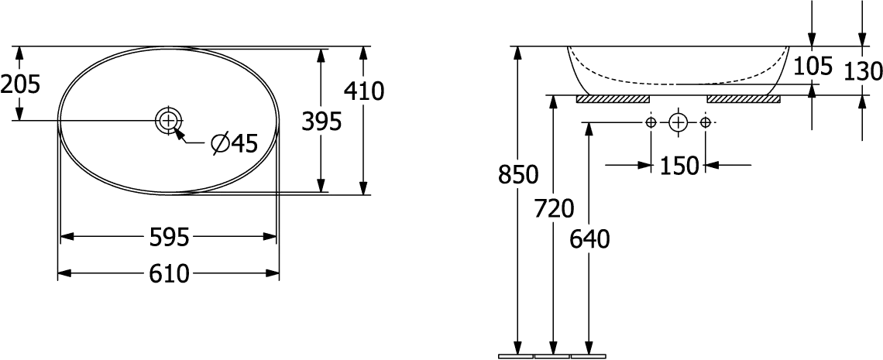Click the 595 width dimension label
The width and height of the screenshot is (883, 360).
(169, 238)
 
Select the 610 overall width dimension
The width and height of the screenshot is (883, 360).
(169, 273)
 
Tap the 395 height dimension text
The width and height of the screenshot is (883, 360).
(321, 122)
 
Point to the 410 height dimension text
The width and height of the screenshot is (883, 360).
(363, 93)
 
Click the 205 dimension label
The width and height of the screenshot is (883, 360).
(19, 84)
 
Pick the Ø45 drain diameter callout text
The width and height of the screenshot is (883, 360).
(233, 145)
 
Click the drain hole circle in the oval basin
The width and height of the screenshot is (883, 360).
(168, 121)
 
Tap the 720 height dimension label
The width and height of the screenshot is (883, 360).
(553, 208)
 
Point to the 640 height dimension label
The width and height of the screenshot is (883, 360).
(589, 240)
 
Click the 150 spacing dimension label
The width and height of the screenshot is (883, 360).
(679, 165)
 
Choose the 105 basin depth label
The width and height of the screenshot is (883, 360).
(813, 67)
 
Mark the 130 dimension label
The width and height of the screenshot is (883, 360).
(864, 71)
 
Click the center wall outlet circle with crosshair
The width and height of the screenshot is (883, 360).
(678, 122)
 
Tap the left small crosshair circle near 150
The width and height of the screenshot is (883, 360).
(651, 122)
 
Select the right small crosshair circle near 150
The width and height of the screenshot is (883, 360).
(706, 122)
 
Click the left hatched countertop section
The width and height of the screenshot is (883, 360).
(613, 99)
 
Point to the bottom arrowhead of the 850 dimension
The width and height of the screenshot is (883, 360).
(518, 348)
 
